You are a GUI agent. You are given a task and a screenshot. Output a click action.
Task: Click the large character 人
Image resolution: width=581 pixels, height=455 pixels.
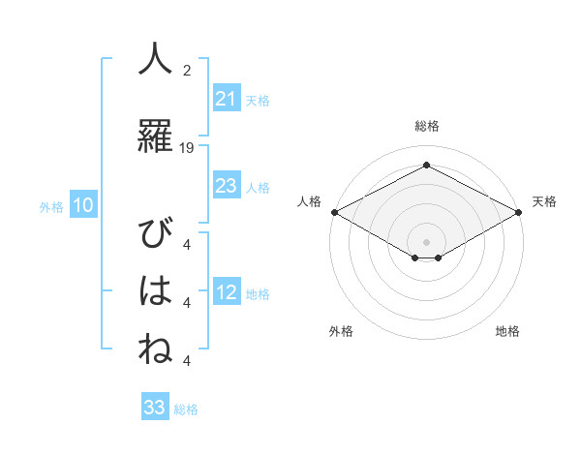[155, 60]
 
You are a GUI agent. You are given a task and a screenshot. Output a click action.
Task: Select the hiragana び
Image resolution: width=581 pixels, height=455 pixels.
[155, 235]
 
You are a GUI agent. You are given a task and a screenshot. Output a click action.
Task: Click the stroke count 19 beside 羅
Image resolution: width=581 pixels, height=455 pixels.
[187, 148]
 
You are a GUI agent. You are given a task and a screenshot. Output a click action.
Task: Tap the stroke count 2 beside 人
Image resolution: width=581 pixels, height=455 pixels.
[187, 71]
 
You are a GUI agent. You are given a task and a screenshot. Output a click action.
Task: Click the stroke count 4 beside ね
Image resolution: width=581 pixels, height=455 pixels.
[187, 360]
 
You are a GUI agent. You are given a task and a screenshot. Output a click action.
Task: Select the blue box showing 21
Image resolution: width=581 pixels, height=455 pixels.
[227, 98]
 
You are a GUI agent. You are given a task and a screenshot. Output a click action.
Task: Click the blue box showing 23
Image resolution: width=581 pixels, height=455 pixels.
[227, 185]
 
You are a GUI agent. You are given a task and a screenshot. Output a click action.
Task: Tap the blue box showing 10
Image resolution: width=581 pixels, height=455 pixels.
[82, 205]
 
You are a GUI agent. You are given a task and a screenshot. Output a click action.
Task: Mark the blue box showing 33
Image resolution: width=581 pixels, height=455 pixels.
[155, 408]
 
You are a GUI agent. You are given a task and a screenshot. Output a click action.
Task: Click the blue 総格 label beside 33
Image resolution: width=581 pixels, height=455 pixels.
[186, 409]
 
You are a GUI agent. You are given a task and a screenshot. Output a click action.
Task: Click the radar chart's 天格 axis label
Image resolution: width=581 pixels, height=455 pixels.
[544, 201]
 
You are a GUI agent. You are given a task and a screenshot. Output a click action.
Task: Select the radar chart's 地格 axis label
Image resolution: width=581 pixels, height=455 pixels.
[507, 331]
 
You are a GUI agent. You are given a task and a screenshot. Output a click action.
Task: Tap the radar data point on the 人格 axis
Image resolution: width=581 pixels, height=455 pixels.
[334, 211]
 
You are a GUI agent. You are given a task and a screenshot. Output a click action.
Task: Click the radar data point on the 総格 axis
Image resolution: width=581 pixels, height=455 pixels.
[426, 166]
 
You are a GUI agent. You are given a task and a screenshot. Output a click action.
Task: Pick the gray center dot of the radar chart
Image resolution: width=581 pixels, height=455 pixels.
[426, 241]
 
